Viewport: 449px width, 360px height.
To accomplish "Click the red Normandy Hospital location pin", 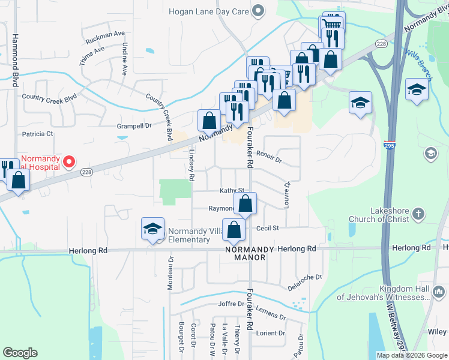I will (x=69, y=161).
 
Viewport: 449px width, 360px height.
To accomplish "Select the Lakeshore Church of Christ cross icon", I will (x=419, y=213).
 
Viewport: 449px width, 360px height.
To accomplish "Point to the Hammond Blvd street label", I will (x=15, y=57).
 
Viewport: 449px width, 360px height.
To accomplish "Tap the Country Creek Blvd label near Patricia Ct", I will (x=49, y=97).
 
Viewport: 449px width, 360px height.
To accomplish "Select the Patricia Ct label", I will (x=37, y=134).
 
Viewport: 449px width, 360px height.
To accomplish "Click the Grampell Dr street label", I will (x=134, y=126).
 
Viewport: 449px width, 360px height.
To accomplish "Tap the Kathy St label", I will (x=231, y=190).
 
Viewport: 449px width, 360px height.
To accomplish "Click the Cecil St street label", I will (x=268, y=228).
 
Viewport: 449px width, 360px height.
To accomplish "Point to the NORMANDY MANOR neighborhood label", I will (x=246, y=253).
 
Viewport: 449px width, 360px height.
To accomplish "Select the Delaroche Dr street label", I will (x=304, y=282).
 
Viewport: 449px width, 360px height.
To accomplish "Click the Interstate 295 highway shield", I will (x=389, y=145).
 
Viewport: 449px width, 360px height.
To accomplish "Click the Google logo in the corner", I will (x=20, y=352).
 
